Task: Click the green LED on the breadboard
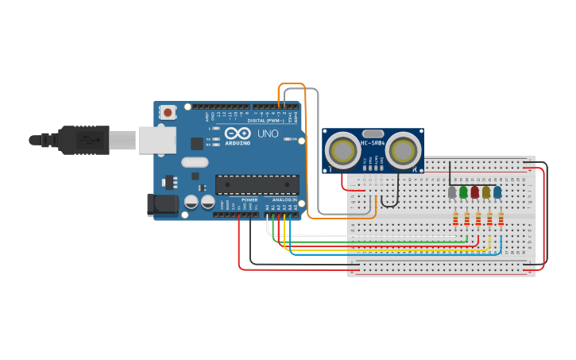[463, 192]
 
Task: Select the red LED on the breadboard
[475, 192]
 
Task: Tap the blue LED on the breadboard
[497, 192]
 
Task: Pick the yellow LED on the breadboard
[486, 192]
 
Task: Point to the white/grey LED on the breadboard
[452, 192]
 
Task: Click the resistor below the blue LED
[501, 219]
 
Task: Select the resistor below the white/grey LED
[455, 219]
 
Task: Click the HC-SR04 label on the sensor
[373, 143]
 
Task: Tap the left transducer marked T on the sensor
[343, 149]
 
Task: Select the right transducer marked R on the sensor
[404, 149]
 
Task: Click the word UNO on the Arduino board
[268, 134]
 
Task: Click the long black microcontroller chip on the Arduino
[257, 184]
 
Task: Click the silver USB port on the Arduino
[157, 140]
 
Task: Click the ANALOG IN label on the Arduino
[284, 199]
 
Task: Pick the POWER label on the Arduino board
[249, 199]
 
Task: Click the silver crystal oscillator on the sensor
[373, 134]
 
